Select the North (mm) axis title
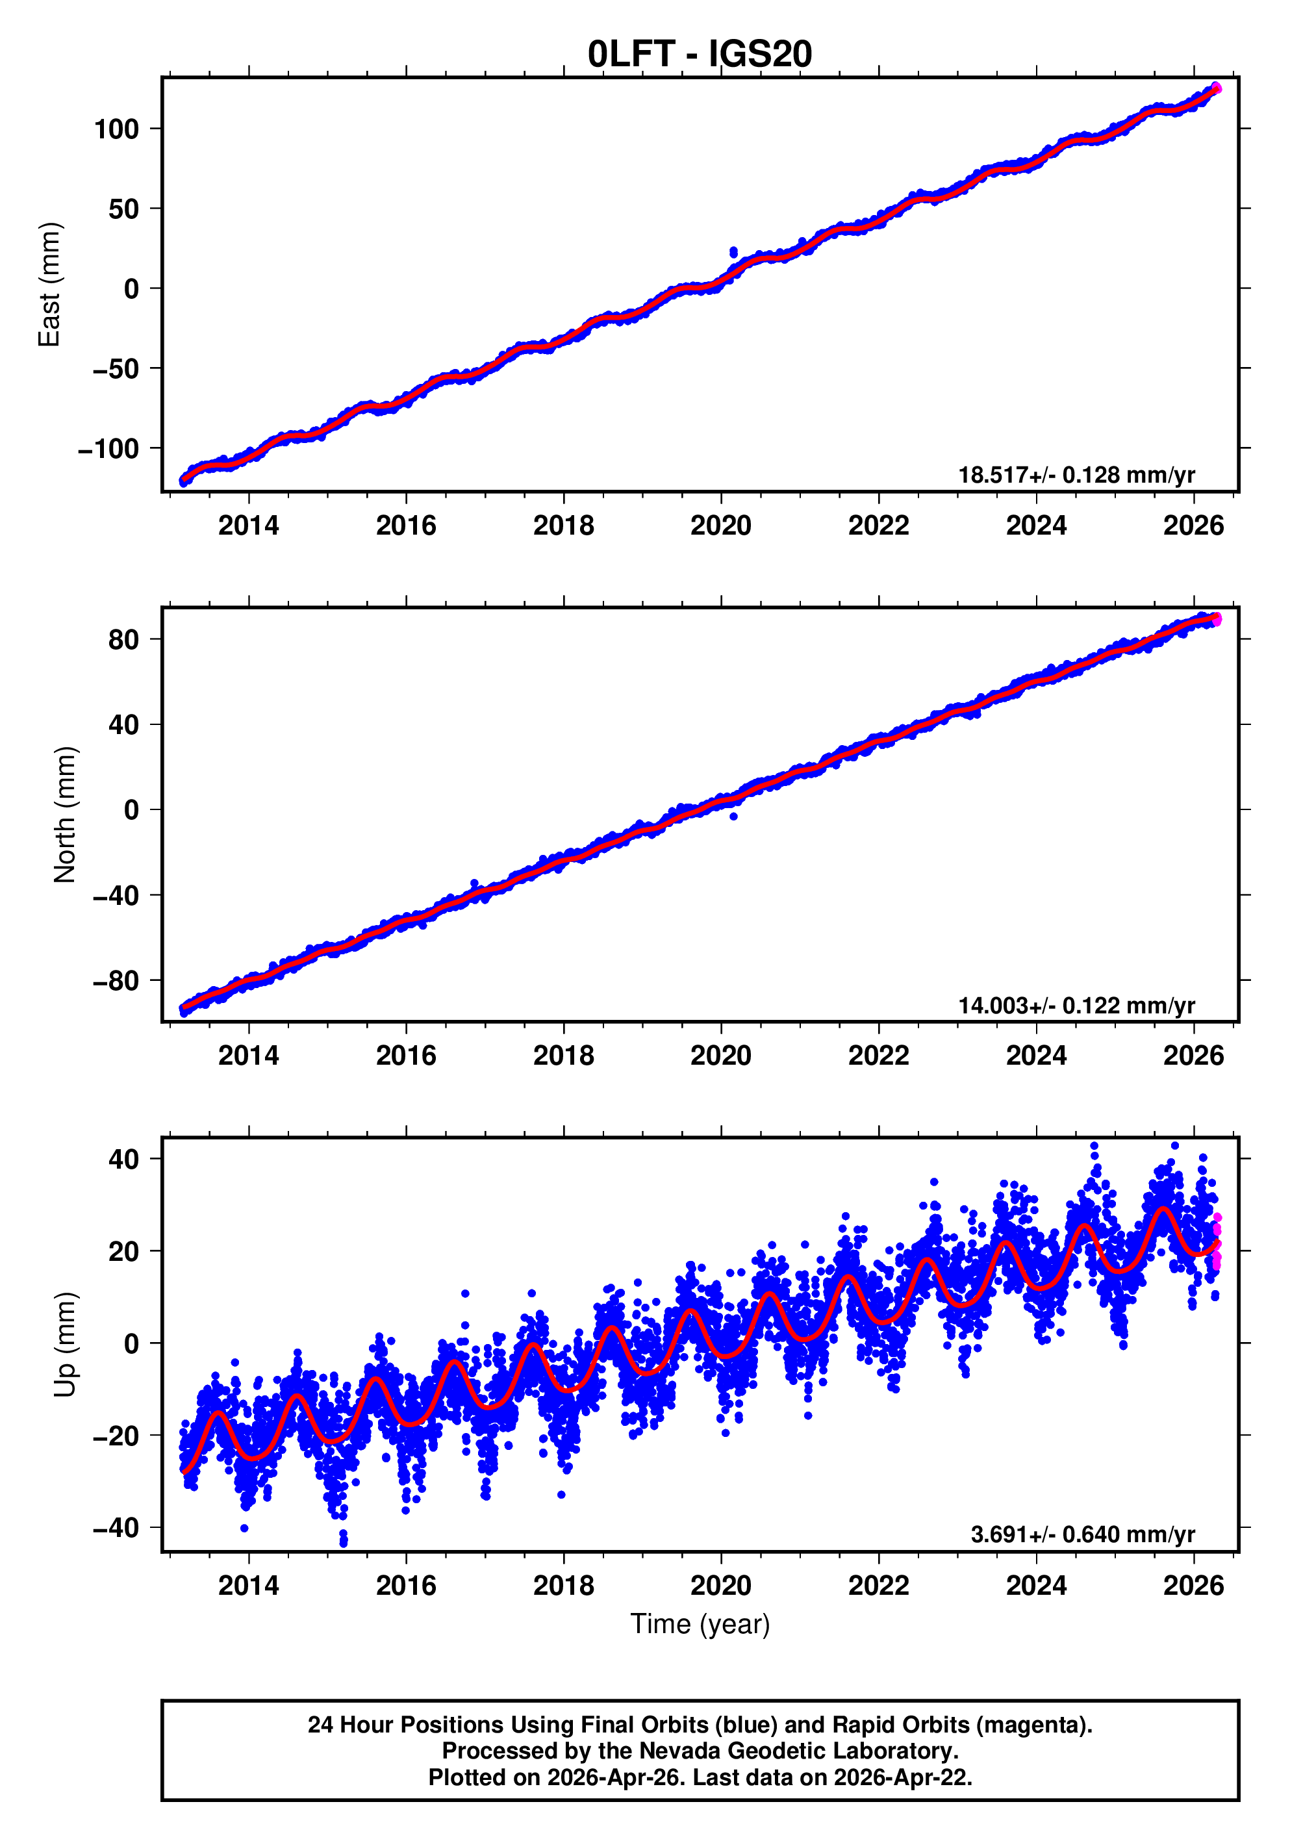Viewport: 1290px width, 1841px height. [64, 815]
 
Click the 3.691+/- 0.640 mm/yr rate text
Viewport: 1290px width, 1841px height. [1082, 1534]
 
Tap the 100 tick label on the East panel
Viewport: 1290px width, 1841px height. [116, 129]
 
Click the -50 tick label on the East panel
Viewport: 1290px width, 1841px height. [115, 369]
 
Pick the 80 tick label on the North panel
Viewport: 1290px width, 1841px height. [123, 640]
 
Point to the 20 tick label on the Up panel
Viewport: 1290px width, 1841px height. [123, 1251]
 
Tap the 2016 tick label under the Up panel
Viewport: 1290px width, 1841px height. [406, 1586]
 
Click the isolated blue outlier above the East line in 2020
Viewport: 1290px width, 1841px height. [733, 253]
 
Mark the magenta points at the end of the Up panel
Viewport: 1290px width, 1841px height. [1216, 1243]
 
